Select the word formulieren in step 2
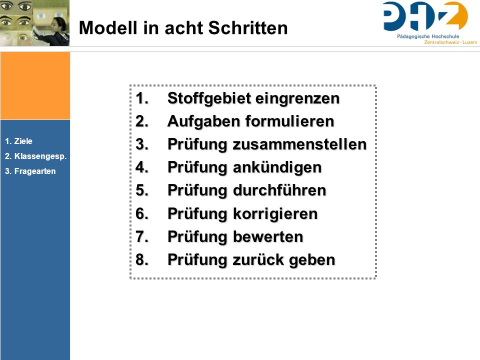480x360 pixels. (289, 121)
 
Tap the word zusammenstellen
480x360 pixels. (299, 144)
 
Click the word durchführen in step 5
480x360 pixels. (279, 190)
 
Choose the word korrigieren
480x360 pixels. (275, 213)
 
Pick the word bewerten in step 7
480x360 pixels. (268, 236)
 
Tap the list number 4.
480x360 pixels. (142, 167)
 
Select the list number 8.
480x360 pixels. (142, 259)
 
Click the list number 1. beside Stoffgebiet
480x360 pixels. (142, 98)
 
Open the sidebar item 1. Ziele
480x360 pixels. (18, 141)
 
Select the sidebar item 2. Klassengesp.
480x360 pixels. (36, 156)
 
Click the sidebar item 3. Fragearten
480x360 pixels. (30, 171)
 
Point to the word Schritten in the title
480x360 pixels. (248, 28)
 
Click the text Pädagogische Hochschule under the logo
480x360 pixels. (428, 36)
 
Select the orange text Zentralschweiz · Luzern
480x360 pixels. (450, 42)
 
